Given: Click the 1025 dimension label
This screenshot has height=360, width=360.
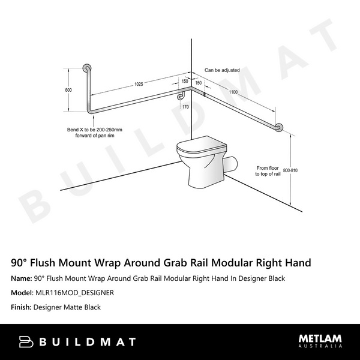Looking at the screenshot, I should [x=139, y=84].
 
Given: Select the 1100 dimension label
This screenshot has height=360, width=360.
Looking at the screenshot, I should [x=233, y=91].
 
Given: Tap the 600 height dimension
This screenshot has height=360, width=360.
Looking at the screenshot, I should [x=68, y=90].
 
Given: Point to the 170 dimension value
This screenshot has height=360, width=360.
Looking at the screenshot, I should [x=185, y=107].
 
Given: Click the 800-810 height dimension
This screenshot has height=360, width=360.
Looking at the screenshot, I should [x=290, y=170].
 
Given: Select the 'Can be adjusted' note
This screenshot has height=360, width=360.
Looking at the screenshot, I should [x=221, y=70].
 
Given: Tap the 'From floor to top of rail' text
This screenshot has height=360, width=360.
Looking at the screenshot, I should [x=269, y=172].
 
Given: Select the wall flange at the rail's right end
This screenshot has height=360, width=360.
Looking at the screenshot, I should [x=278, y=128].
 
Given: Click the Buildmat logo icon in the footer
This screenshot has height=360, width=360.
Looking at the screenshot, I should [x=26, y=341].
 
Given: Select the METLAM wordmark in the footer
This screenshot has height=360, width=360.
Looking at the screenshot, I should [x=320, y=338].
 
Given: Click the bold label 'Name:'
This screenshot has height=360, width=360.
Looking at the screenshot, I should [x=22, y=278].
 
